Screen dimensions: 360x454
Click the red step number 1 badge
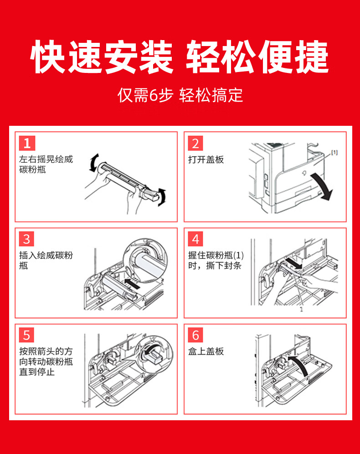pyautogui.click(x=27, y=143)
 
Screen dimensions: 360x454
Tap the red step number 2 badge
pyautogui.click(x=195, y=143)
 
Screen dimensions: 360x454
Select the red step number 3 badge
pyautogui.click(x=27, y=239)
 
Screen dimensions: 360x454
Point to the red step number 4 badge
pyautogui.click(x=195, y=239)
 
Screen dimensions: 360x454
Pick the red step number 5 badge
pyautogui.click(x=27, y=335)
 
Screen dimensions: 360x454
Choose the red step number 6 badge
pyautogui.click(x=195, y=335)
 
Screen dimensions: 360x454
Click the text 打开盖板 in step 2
pyautogui.click(x=206, y=160)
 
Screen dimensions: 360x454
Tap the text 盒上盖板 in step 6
pyautogui.click(x=206, y=351)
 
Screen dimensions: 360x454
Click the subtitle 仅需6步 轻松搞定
pyautogui.click(x=180, y=95)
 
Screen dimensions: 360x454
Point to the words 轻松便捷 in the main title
pyautogui.click(x=257, y=57)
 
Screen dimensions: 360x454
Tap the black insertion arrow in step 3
pyautogui.click(x=132, y=284)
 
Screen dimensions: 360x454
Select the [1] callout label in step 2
pyautogui.click(x=334, y=152)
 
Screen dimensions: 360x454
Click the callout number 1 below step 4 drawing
pyautogui.click(x=301, y=309)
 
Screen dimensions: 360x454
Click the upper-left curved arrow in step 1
pyautogui.click(x=94, y=163)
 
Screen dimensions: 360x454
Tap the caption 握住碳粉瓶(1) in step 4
pyautogui.click(x=216, y=255)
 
